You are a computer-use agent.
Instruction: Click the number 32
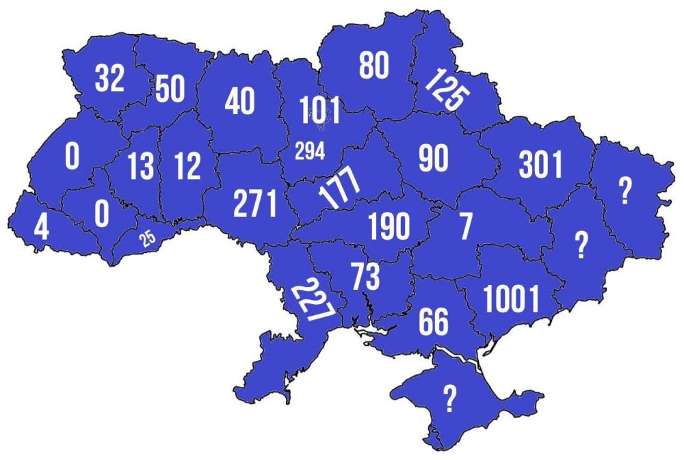tap(109, 78)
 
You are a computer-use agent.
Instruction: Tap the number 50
tap(170, 89)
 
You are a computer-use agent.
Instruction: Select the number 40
tap(239, 101)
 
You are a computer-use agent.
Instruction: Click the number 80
tap(373, 66)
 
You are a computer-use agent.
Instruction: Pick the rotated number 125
tap(444, 90)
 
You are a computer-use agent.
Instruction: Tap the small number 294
tap(309, 151)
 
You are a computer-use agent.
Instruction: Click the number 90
tap(433, 158)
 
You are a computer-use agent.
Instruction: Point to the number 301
tap(540, 164)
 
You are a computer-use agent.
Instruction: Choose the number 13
tap(141, 166)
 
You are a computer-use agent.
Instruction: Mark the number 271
tap(255, 203)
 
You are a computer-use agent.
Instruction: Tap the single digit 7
tap(465, 228)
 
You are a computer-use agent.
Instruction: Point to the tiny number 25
tap(147, 239)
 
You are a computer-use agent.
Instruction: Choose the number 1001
tap(511, 299)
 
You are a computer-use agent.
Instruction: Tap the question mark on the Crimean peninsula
tap(449, 398)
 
